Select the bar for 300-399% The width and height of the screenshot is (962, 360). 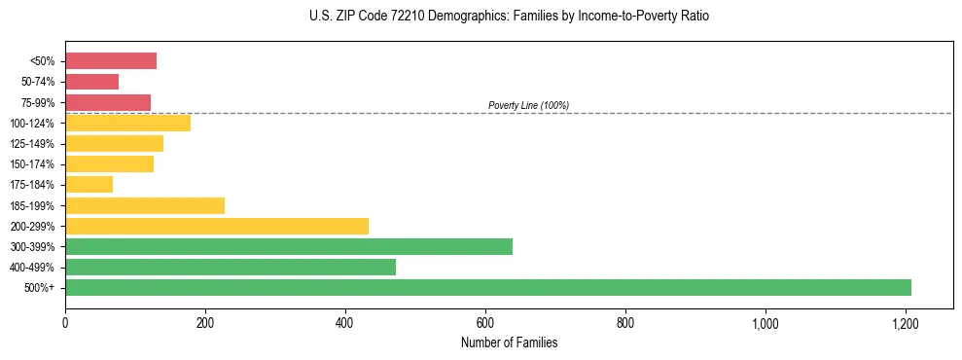[289, 246]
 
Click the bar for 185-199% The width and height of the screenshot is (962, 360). [145, 205]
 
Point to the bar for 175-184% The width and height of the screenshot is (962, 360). [89, 185]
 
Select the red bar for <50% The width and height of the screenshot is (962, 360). [111, 61]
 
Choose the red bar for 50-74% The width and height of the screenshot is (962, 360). [92, 82]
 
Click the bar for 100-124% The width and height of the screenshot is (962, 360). [128, 124]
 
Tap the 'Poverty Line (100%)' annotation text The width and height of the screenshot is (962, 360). [528, 105]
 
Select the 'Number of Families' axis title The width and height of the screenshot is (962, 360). [510, 342]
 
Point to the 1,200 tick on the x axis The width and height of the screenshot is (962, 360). [906, 322]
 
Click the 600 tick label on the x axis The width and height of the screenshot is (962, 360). [485, 322]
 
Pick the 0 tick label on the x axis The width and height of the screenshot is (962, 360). [65, 322]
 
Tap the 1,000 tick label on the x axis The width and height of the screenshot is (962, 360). [766, 322]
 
